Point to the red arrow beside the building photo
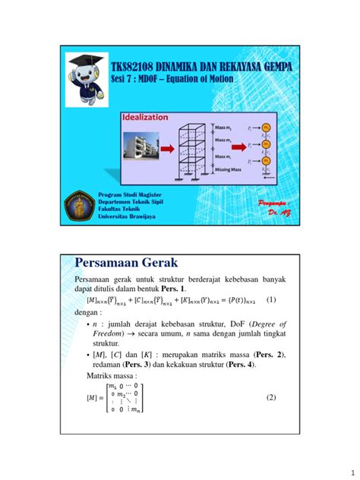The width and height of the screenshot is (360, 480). click(169, 150)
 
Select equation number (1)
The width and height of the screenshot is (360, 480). click(270, 300)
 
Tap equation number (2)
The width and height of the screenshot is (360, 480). click(271, 397)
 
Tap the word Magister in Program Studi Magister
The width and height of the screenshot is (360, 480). click(161, 196)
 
